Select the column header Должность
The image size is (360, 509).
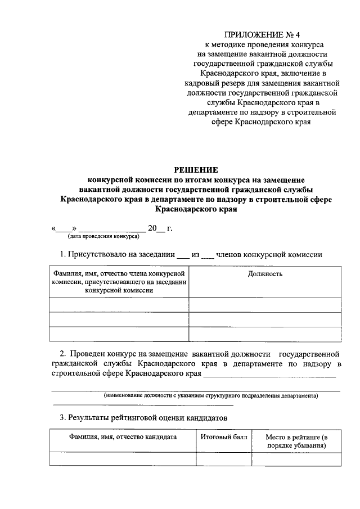(x=265, y=274)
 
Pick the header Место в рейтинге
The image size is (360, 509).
(x=296, y=441)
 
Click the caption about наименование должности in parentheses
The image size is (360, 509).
(x=210, y=395)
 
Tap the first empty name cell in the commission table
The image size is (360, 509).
(x=119, y=305)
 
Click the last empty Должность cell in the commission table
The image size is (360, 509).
(x=265, y=334)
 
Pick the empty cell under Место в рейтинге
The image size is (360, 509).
(x=296, y=459)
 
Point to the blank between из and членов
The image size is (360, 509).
(x=207, y=255)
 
